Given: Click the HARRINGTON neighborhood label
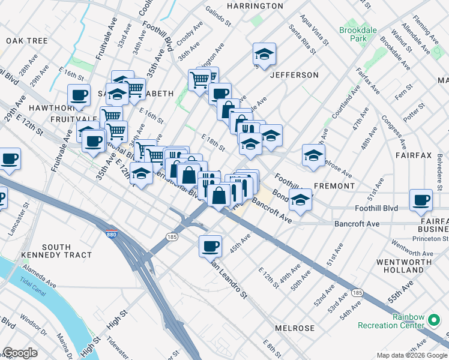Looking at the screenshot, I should tap(255, 6).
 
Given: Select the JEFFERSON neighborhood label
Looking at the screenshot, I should tap(294, 75).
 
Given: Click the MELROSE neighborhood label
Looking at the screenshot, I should tap(294, 328).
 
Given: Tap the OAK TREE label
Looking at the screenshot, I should tap(27, 41).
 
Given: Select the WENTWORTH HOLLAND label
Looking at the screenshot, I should tap(403, 266).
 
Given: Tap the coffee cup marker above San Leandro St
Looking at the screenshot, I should tap(211, 246).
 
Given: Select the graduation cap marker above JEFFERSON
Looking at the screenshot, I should tap(264, 55).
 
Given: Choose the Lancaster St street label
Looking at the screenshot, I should tap(18, 219).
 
